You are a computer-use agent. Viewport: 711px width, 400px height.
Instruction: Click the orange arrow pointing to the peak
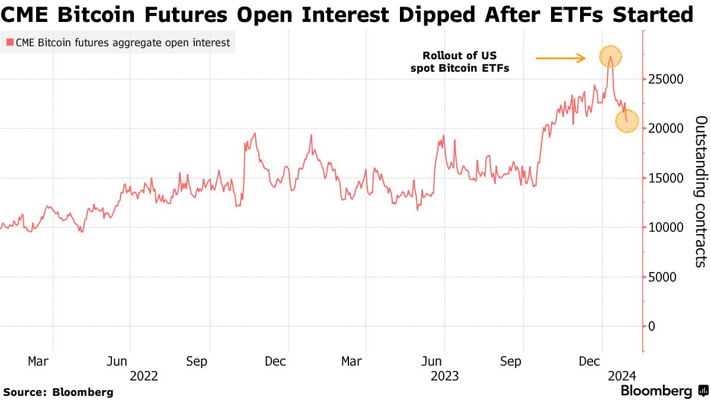[561, 58]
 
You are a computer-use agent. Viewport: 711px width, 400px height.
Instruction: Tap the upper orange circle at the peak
[611, 57]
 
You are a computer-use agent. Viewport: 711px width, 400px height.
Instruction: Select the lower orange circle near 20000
[627, 121]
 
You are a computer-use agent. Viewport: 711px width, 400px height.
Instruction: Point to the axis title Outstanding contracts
[700, 191]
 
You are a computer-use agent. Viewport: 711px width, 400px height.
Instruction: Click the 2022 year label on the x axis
[143, 375]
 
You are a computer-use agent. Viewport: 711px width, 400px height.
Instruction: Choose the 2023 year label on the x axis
[445, 375]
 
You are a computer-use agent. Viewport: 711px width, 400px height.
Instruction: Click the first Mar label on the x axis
[39, 361]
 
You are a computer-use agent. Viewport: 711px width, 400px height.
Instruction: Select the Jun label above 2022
[117, 361]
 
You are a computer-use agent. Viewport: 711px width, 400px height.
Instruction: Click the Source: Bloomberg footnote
[58, 392]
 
